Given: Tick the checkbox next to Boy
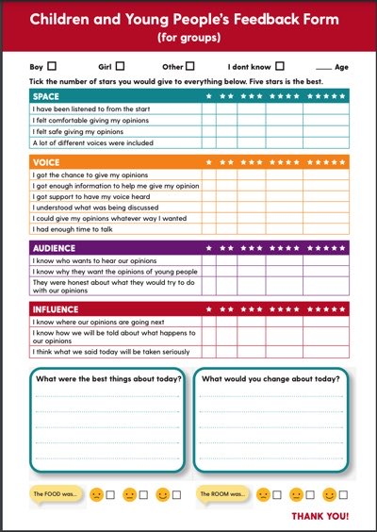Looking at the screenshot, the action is click(x=52, y=66).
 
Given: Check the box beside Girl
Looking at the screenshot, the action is click(x=120, y=66).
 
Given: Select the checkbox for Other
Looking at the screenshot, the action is click(x=190, y=66).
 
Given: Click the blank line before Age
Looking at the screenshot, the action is click(x=323, y=68).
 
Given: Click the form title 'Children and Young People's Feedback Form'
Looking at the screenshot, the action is click(x=188, y=18).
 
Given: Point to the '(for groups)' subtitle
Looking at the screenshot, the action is click(x=188, y=37).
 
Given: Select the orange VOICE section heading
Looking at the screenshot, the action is click(x=46, y=162).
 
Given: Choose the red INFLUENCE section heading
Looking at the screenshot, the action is click(x=56, y=309).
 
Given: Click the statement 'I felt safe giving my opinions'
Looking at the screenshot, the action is click(x=79, y=132).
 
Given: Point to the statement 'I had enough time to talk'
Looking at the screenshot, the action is click(x=74, y=229).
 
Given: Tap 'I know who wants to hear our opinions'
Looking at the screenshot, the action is click(x=94, y=260).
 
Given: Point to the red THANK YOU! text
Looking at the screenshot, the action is click(x=320, y=517).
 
